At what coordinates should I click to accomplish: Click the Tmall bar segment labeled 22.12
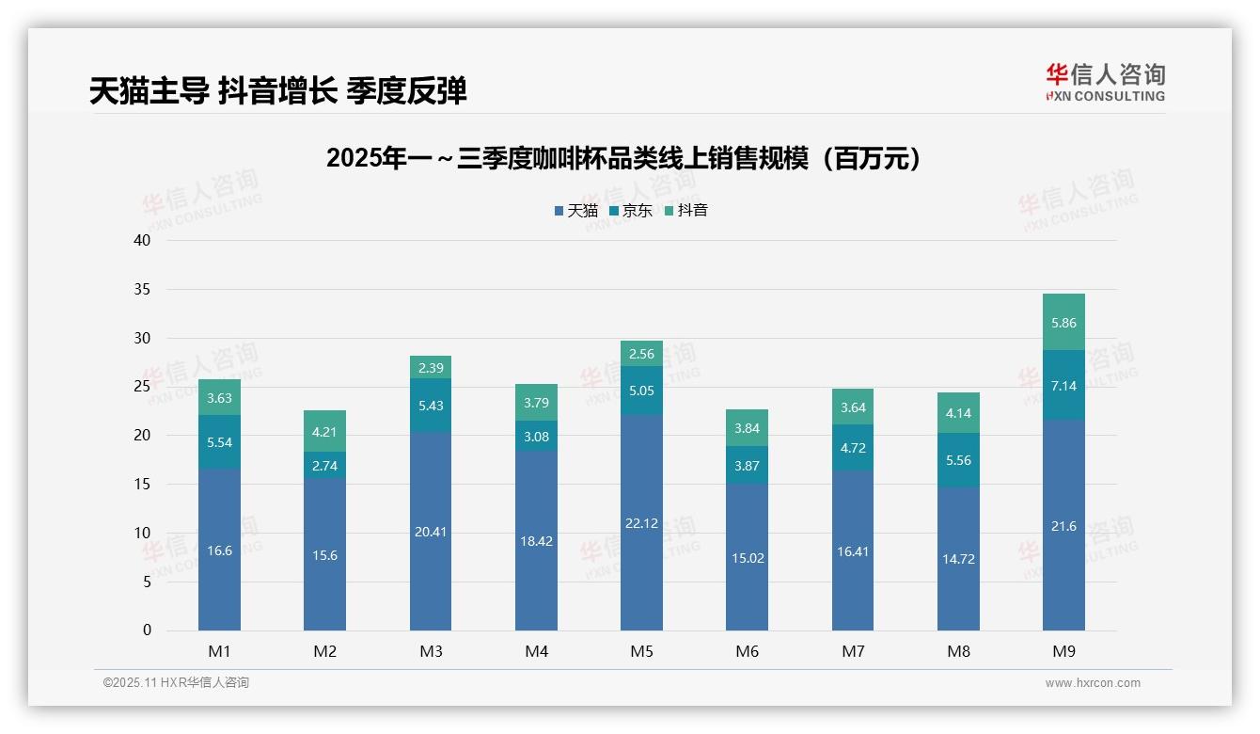(x=641, y=522)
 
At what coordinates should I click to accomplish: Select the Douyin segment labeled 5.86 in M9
(x=1063, y=322)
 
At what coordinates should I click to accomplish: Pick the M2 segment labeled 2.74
(x=324, y=465)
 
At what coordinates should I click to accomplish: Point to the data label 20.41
(x=431, y=532)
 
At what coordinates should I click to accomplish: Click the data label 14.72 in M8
(x=958, y=559)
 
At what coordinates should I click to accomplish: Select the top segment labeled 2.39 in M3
(x=431, y=367)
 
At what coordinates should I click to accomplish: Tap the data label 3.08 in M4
(x=536, y=436)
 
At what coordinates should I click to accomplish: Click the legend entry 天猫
(x=575, y=211)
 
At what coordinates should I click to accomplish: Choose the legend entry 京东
(x=630, y=211)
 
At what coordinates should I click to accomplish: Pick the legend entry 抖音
(x=685, y=211)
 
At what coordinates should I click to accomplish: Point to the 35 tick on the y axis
(x=142, y=289)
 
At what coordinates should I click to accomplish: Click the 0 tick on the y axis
(x=147, y=630)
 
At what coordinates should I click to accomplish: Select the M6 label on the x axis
(x=748, y=652)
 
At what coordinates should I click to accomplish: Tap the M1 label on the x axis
(x=219, y=652)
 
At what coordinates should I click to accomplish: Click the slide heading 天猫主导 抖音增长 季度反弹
(x=278, y=91)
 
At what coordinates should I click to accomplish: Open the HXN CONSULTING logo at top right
(x=1105, y=83)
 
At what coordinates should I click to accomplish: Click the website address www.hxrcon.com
(x=1092, y=683)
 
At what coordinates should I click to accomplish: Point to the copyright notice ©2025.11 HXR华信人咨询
(x=176, y=683)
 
